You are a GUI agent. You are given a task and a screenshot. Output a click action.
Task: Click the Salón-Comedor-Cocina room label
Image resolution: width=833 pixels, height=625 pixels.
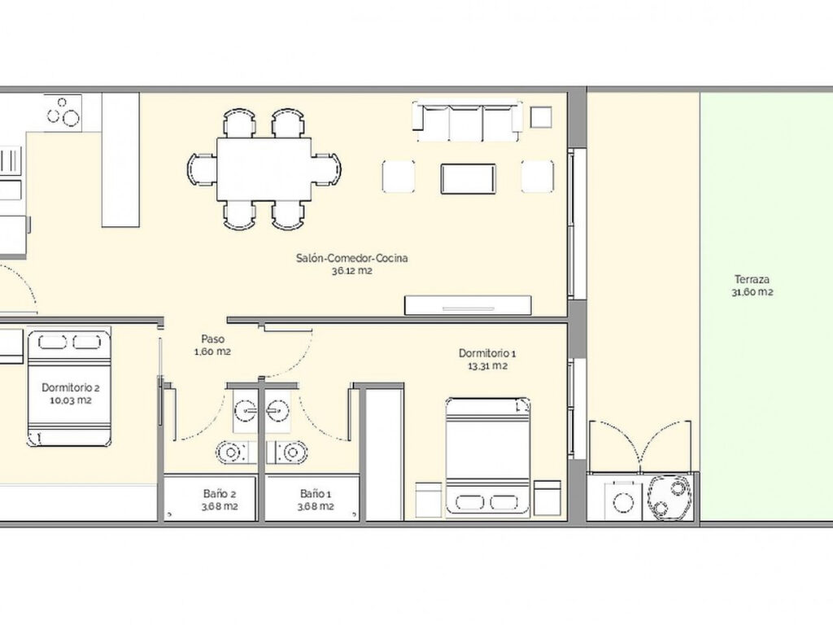[x=351, y=258]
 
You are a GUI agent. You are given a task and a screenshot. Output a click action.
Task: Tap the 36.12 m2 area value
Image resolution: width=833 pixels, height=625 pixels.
[x=351, y=271]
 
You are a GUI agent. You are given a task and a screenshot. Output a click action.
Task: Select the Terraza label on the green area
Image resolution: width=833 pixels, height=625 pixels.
[x=752, y=280]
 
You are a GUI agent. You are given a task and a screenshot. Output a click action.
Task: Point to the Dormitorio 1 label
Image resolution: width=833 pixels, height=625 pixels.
[x=487, y=353]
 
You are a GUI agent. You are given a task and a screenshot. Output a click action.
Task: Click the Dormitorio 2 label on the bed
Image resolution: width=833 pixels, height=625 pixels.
[x=71, y=388]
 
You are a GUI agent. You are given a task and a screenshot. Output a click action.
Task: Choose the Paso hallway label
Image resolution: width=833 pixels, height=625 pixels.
[x=212, y=339]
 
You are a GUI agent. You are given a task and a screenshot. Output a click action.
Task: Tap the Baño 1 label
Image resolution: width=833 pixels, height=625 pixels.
[x=316, y=494]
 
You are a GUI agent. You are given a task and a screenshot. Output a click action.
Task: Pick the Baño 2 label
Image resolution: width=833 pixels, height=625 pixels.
[x=220, y=494]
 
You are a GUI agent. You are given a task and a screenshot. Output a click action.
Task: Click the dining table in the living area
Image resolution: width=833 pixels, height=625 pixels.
[x=264, y=169]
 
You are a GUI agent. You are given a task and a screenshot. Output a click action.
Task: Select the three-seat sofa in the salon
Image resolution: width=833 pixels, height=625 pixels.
[x=466, y=121]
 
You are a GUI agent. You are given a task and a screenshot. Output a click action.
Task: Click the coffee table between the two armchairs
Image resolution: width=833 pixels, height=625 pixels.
[x=468, y=178]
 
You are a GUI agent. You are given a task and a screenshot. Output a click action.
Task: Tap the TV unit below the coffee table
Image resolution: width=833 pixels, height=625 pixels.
[x=468, y=305]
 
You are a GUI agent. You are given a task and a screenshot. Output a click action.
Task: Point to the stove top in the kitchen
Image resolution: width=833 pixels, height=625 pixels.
[x=63, y=112]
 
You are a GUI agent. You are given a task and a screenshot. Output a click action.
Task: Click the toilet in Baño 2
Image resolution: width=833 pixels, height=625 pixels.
[x=232, y=452]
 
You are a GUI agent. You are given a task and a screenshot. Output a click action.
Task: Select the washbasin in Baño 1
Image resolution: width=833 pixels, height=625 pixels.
[x=278, y=410]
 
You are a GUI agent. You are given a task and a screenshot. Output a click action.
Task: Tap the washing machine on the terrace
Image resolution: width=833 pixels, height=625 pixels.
[x=619, y=500]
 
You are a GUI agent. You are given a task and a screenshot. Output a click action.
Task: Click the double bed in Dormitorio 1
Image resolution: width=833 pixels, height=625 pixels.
[x=488, y=457]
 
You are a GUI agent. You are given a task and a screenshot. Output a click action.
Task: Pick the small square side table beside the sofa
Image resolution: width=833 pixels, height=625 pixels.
[x=541, y=117]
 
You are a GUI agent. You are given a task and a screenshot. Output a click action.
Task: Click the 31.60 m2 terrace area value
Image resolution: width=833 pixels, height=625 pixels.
[x=752, y=292]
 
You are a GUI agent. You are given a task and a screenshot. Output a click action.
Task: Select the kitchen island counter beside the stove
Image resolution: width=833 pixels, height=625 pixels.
[x=120, y=160]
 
